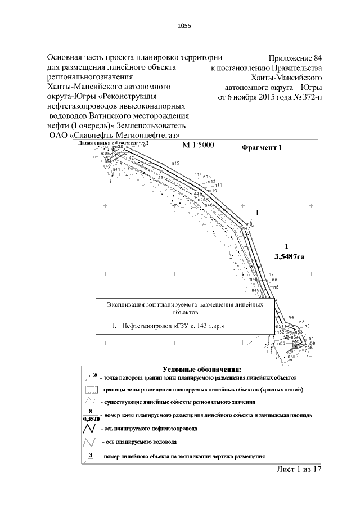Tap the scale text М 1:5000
click(x=202, y=146)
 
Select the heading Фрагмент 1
click(x=260, y=148)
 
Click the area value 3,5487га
click(x=289, y=256)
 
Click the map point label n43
click(x=159, y=178)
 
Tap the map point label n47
click(x=246, y=228)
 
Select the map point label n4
click(x=291, y=317)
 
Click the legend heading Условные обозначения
click(x=202, y=370)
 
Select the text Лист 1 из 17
click(x=299, y=470)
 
